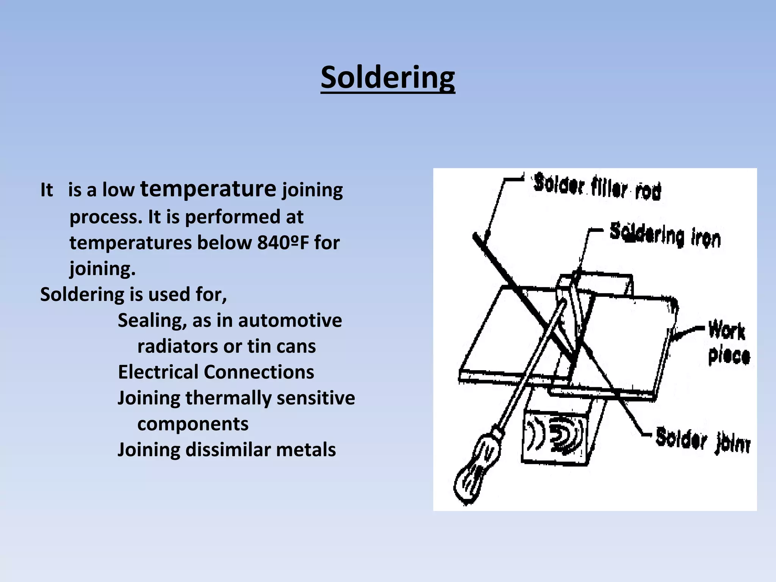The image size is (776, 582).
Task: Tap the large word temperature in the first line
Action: pos(208,189)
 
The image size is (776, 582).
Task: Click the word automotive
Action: pos(290,321)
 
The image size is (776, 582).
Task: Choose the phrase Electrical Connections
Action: pos(216,372)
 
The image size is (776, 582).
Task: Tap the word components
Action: pos(192,424)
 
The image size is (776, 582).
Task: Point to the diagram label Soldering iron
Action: pos(665,236)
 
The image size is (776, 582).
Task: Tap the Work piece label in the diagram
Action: pos(728,343)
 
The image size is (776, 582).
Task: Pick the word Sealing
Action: pos(152,321)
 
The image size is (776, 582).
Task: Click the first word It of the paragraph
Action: pos(47,190)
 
